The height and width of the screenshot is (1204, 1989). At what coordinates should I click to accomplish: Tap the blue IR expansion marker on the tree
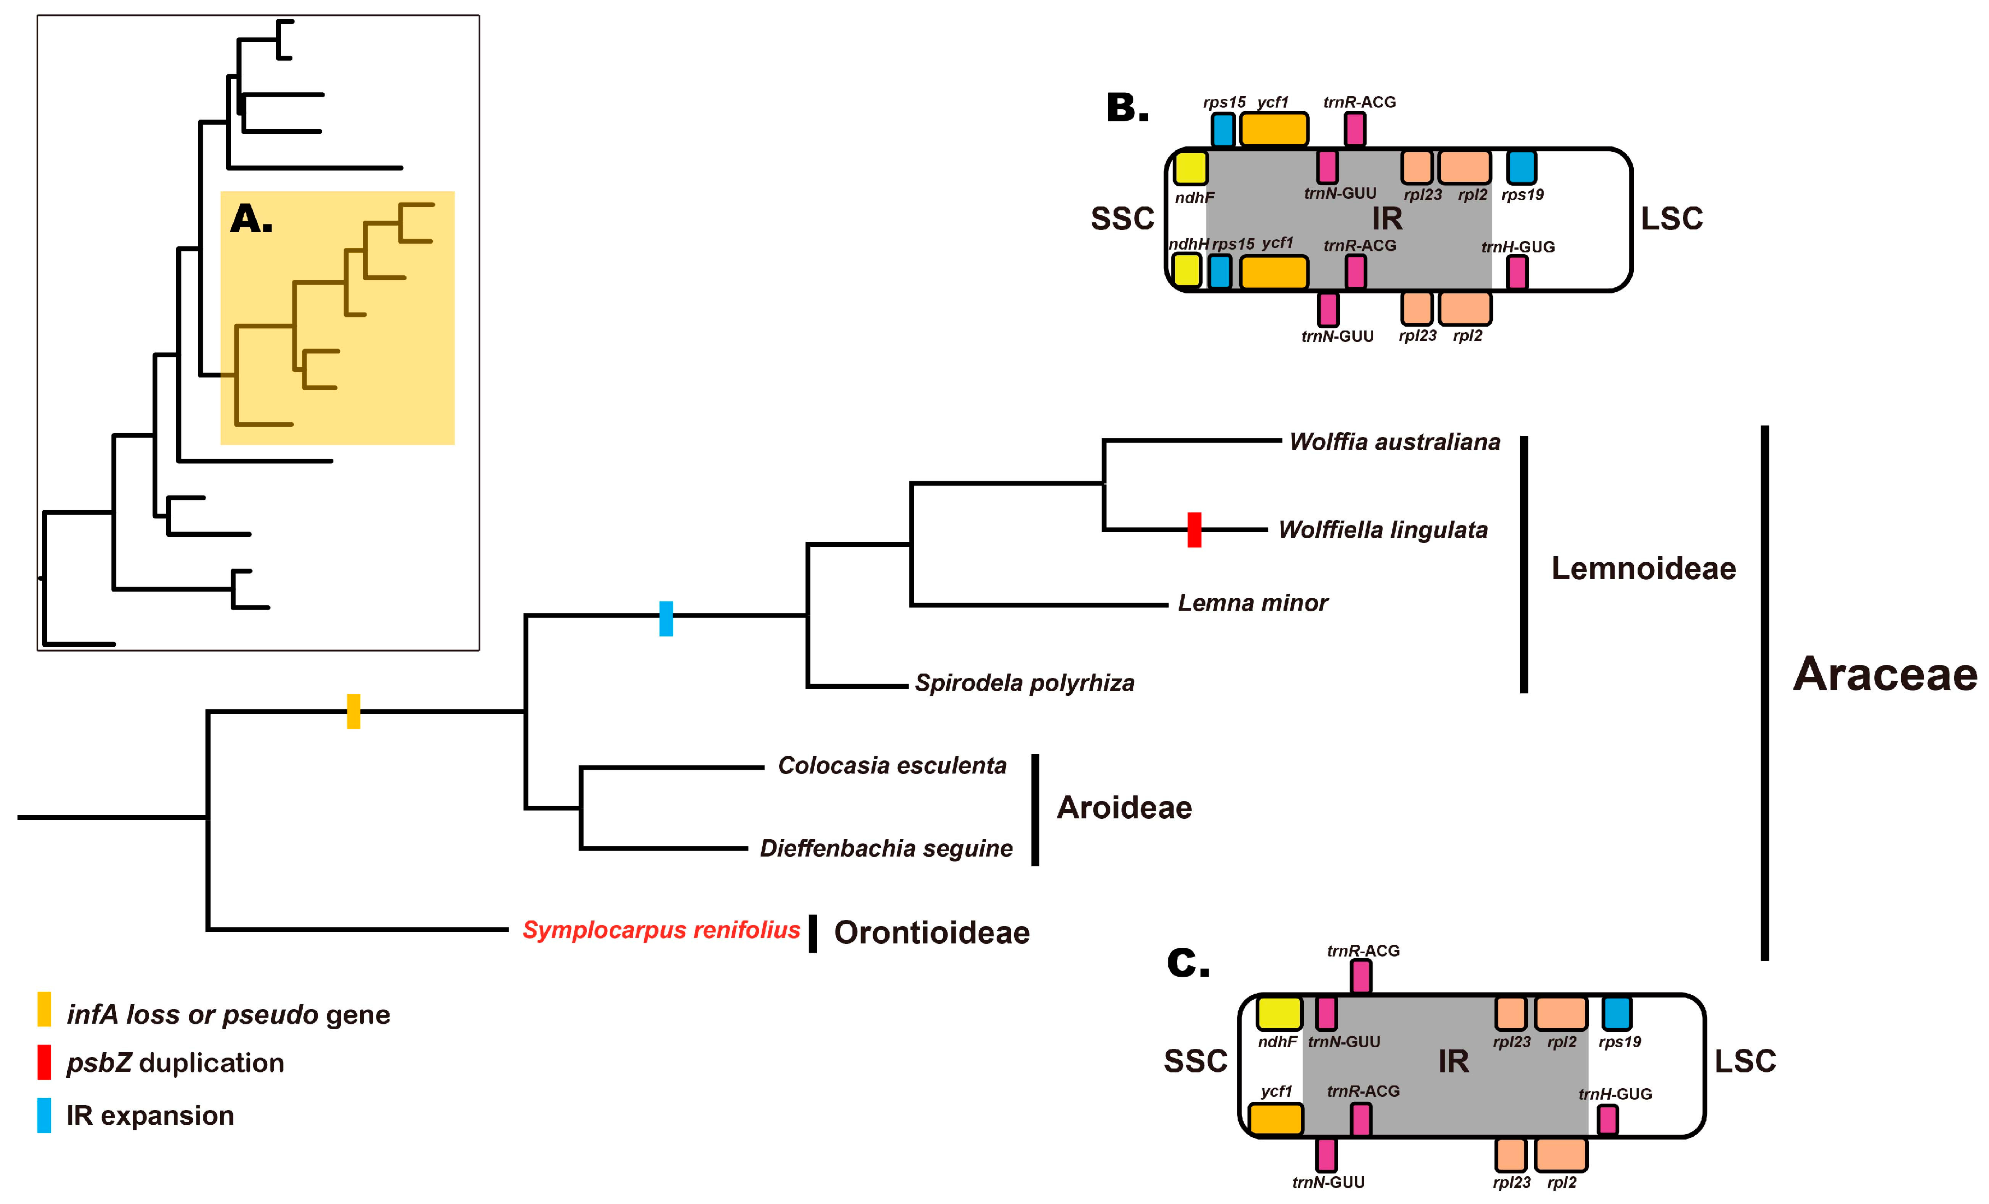[666, 618]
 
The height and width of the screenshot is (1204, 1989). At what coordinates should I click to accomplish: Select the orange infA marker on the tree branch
[354, 711]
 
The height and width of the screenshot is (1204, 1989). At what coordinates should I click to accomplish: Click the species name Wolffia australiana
[1394, 442]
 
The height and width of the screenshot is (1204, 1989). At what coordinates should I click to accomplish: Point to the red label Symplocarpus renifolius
[660, 930]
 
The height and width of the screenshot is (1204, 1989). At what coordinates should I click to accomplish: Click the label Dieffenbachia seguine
[886, 848]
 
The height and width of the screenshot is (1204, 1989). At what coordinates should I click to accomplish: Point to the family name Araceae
[1885, 675]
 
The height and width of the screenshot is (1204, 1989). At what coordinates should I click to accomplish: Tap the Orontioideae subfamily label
[932, 933]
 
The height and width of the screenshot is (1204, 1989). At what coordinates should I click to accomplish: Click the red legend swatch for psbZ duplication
[44, 1062]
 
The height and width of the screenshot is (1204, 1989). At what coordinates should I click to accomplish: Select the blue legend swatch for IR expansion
[44, 1116]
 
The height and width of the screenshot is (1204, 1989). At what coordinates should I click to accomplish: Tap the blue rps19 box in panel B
[1521, 167]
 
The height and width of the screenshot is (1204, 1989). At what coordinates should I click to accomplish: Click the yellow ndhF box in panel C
[1279, 1013]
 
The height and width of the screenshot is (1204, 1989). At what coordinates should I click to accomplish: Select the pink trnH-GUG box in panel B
[1517, 272]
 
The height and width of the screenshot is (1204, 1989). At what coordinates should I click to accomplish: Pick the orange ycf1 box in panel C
[1275, 1119]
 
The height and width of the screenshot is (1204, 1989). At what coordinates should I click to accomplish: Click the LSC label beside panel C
[1745, 1061]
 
